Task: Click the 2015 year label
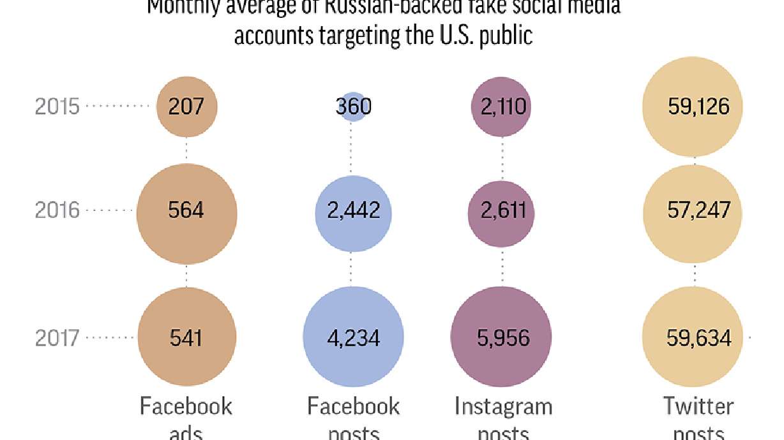57,106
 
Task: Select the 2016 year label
57,210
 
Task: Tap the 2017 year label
57,337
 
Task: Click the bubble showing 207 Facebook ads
186,106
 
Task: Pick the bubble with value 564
186,210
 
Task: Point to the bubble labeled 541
186,337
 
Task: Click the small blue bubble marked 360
353,106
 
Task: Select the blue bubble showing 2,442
353,210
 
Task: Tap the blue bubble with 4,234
353,337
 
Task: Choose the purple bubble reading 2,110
502,106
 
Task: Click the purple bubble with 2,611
502,210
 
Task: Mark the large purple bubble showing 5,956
502,337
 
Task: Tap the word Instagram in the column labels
503,406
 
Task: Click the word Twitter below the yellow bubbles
698,406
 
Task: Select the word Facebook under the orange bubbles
186,406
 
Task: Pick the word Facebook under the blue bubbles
353,406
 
